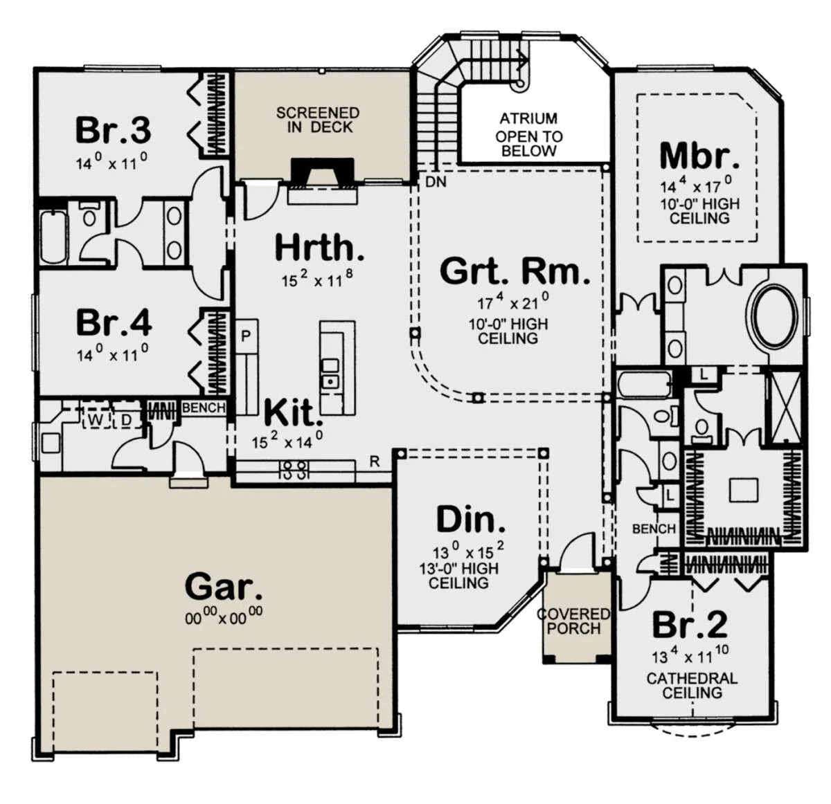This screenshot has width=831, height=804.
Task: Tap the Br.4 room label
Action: (x=114, y=322)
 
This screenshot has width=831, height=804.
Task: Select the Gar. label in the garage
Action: (x=224, y=587)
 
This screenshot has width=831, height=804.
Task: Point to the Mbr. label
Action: (x=699, y=156)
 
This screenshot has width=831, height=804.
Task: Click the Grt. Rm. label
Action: (x=515, y=271)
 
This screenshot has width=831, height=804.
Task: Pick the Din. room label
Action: (x=471, y=519)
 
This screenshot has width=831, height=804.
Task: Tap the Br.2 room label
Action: (x=690, y=624)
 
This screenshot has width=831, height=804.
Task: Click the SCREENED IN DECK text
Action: (x=318, y=120)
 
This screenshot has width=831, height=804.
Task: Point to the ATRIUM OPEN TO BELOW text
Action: (x=528, y=134)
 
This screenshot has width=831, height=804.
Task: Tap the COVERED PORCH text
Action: (x=573, y=621)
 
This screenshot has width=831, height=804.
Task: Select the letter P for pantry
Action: (x=246, y=336)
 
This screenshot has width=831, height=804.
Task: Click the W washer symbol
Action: (x=96, y=421)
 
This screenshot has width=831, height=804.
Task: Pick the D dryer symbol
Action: (x=126, y=421)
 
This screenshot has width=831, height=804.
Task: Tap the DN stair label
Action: (x=436, y=182)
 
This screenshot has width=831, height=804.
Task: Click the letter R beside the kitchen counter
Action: (x=375, y=462)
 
